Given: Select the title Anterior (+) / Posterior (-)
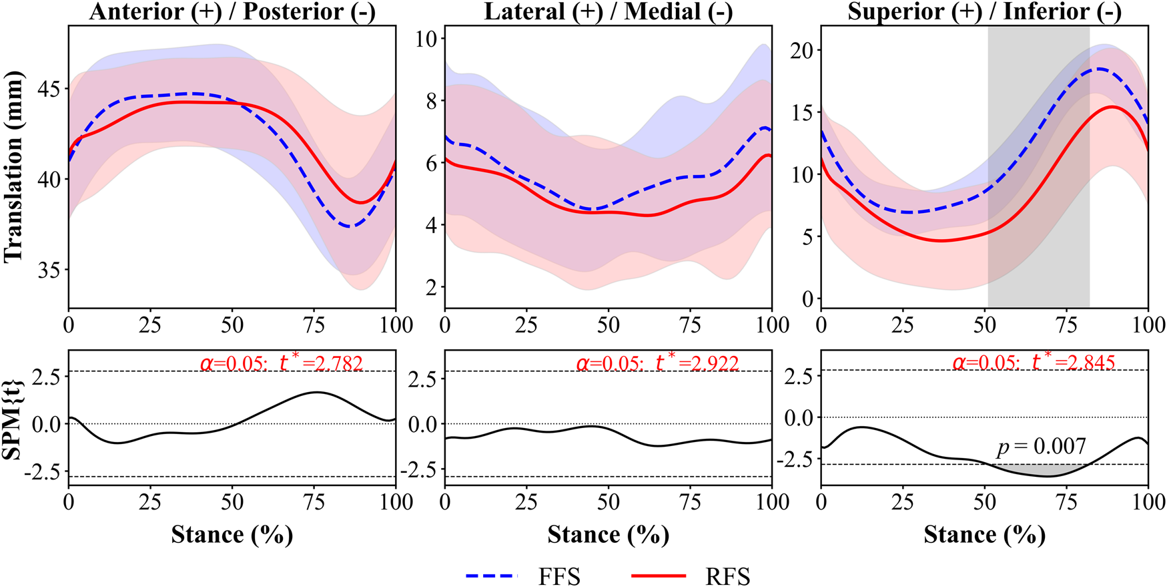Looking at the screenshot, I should tap(232, 11).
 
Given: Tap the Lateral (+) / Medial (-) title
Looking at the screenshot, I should tap(608, 11).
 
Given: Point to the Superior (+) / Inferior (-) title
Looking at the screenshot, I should tap(984, 11).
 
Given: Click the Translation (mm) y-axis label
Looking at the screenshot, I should tap(13, 167).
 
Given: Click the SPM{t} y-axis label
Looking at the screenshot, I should tap(13, 417).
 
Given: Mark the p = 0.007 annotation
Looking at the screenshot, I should tap(1042, 446).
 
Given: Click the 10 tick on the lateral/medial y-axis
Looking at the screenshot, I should tap(427, 39).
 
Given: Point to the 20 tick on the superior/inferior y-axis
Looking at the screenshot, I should tap(803, 51).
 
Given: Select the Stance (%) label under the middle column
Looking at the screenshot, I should tap(608, 534).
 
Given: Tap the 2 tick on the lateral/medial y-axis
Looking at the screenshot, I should tap(433, 287).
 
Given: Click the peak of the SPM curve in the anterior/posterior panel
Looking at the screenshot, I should tap(317, 393).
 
